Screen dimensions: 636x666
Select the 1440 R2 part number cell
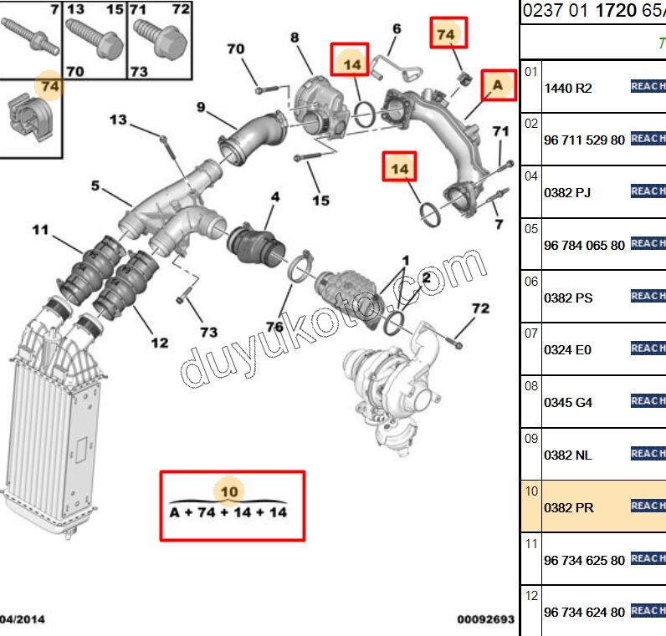click(x=568, y=88)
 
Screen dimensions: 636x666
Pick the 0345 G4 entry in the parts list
click(x=568, y=402)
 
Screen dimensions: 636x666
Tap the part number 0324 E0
click(x=568, y=350)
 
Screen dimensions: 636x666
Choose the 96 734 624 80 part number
click(x=584, y=612)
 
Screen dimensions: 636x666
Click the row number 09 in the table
click(x=530, y=438)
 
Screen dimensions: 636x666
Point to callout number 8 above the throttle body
click(x=295, y=38)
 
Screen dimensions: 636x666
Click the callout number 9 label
click(x=201, y=106)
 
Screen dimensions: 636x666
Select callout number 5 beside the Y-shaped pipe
click(x=95, y=186)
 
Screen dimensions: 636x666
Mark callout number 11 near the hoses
click(x=40, y=229)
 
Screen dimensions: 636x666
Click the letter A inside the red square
click(x=498, y=84)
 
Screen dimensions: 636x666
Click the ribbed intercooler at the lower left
click(x=50, y=418)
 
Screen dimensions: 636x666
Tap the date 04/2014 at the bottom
click(x=23, y=619)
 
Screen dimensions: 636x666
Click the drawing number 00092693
click(x=485, y=619)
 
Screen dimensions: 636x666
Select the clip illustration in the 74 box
click(x=29, y=120)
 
